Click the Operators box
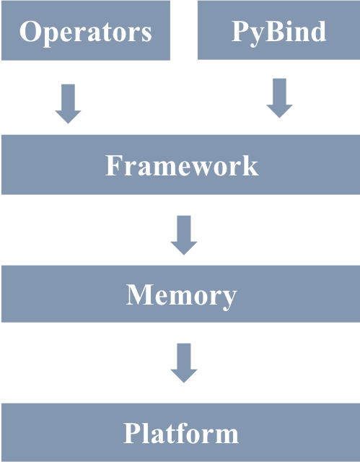[86, 30]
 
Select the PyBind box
[278, 30]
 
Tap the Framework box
[180, 165]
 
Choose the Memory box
[180, 294]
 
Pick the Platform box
[180, 432]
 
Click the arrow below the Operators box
[68, 104]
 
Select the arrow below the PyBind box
[279, 98]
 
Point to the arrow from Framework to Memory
[184, 235]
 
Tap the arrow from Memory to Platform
[184, 363]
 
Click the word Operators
[86, 32]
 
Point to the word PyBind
[278, 32]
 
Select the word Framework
[182, 165]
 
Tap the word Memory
[181, 296]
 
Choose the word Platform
[181, 433]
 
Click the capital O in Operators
[30, 31]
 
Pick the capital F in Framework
[114, 165]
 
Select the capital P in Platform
[132, 433]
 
